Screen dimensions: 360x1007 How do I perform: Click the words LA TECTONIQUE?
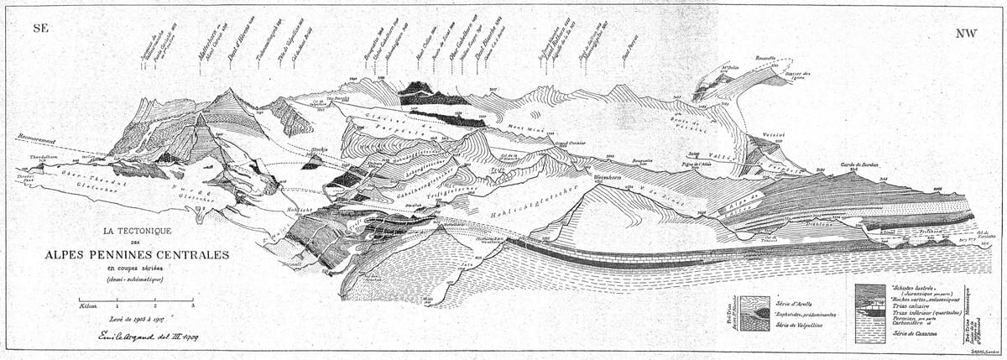pyautogui.click(x=137, y=229)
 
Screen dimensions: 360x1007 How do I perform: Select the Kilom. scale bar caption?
pyautogui.click(x=88, y=307)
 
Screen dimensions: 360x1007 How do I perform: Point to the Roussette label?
pyautogui.click(x=765, y=59)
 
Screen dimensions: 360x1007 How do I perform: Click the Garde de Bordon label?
pyautogui.click(x=858, y=165)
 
